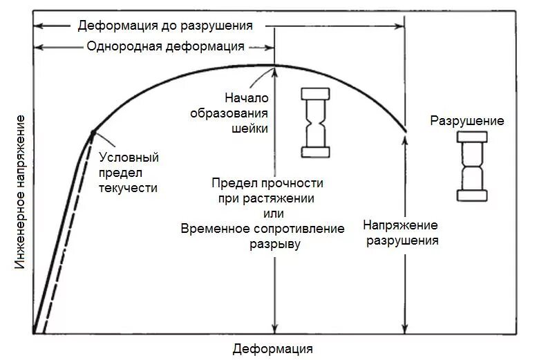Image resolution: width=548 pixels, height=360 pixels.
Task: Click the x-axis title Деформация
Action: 273,348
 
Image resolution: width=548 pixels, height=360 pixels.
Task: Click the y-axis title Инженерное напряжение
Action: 20,194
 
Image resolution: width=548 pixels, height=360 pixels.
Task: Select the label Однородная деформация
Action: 165,46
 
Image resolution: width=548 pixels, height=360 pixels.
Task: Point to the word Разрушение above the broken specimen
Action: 467,121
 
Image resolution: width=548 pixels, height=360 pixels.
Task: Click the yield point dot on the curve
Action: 93,131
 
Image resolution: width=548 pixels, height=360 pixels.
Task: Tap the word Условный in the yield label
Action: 129,157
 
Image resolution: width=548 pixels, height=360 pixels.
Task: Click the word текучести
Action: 129,187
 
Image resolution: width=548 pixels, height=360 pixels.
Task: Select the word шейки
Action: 253,128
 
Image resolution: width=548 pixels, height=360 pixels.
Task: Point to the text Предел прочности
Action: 267,183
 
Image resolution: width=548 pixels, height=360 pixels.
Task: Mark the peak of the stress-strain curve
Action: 275,65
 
